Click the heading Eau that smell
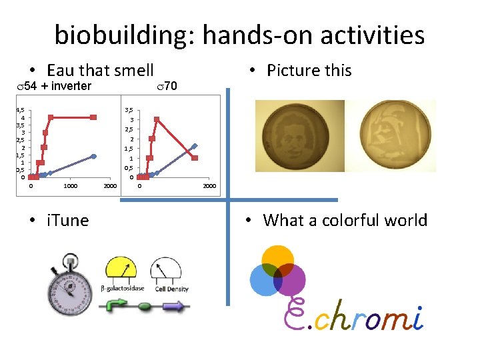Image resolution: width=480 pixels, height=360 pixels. [x=100, y=70]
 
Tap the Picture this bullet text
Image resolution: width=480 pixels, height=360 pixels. [x=309, y=70]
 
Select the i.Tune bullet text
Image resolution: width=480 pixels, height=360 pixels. [x=67, y=220]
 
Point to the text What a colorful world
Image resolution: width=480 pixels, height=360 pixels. [x=345, y=220]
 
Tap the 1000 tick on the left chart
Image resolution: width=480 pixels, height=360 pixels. [x=70, y=186]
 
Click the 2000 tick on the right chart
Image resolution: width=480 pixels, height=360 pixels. [x=209, y=186]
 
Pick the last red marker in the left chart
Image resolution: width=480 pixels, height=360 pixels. [x=94, y=117]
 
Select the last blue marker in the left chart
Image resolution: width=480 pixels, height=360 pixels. [x=94, y=156]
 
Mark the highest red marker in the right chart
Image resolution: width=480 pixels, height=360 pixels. [x=156, y=120]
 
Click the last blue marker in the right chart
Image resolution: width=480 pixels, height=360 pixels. [x=195, y=146]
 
